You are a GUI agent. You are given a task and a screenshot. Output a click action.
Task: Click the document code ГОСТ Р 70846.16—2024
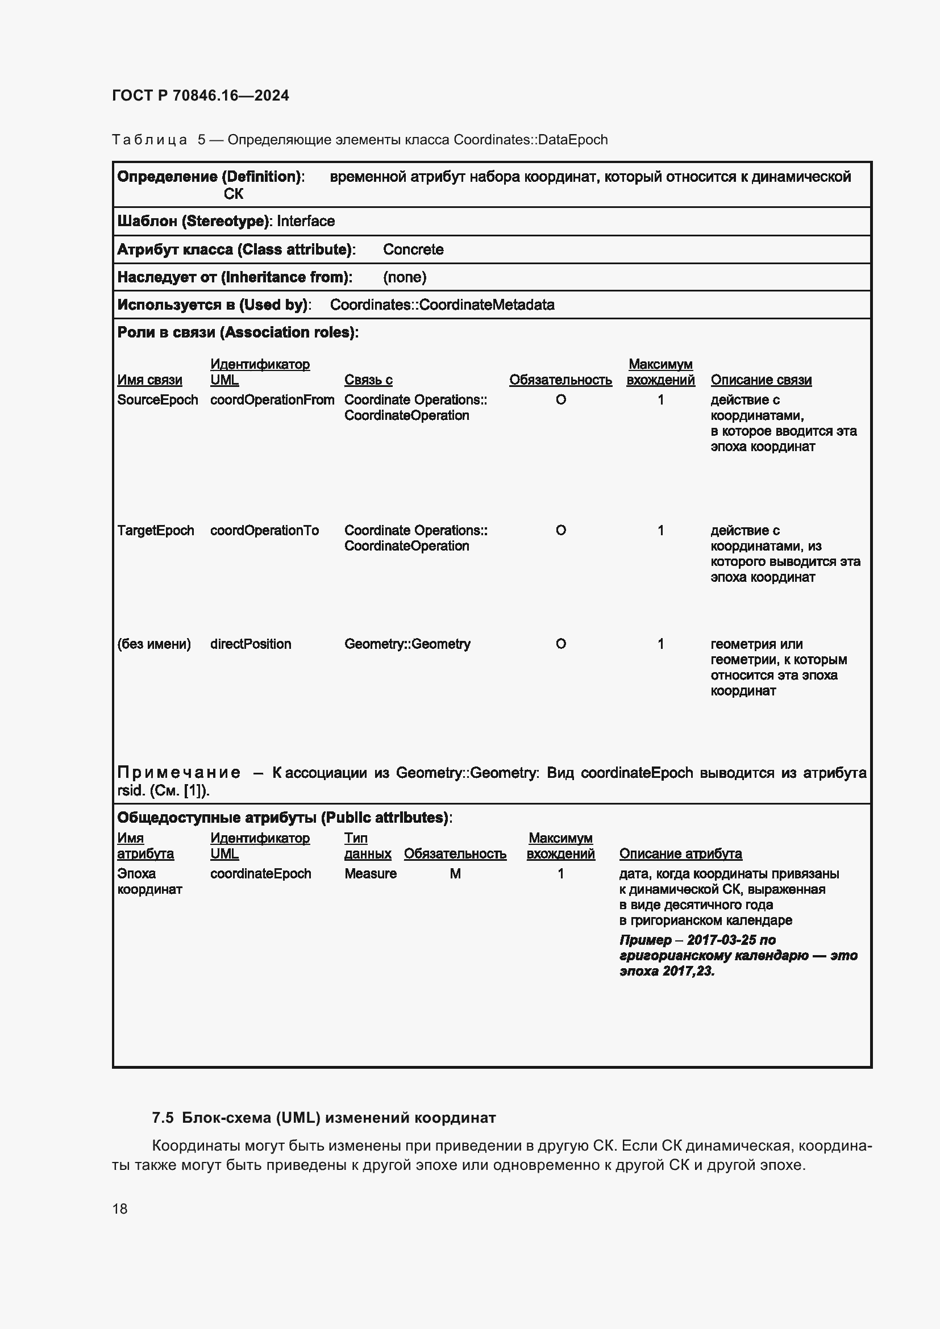(200, 95)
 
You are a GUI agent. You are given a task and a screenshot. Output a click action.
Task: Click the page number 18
(120, 1209)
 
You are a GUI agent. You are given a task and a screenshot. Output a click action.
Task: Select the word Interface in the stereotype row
(306, 221)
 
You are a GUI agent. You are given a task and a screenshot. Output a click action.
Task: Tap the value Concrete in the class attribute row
(413, 249)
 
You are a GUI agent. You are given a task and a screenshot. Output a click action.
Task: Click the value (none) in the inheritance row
(405, 277)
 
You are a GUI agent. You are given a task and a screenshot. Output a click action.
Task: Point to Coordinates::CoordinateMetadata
(442, 305)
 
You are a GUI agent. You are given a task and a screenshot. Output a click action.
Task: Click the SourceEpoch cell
(157, 400)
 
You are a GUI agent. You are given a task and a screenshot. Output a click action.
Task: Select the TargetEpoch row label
(155, 531)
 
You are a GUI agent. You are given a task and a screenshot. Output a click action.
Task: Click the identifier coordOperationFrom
(272, 400)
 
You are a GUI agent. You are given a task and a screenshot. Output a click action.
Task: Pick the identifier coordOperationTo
(264, 531)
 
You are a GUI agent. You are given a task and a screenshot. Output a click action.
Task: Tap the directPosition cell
(251, 644)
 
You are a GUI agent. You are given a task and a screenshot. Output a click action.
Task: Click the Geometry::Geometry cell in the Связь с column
(407, 644)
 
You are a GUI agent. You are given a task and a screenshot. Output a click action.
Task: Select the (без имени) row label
(153, 644)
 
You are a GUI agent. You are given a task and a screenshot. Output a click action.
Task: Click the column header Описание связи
(760, 380)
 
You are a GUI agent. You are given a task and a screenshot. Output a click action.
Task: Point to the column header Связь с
(368, 380)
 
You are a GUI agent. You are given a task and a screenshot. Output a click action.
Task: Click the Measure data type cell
(371, 874)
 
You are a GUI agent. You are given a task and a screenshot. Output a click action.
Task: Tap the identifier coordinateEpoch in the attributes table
(260, 874)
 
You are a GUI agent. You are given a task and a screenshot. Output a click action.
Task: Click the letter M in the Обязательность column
(455, 874)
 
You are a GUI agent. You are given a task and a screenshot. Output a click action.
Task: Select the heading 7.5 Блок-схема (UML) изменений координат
(323, 1118)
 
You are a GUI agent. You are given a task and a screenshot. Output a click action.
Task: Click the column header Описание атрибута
(680, 854)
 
